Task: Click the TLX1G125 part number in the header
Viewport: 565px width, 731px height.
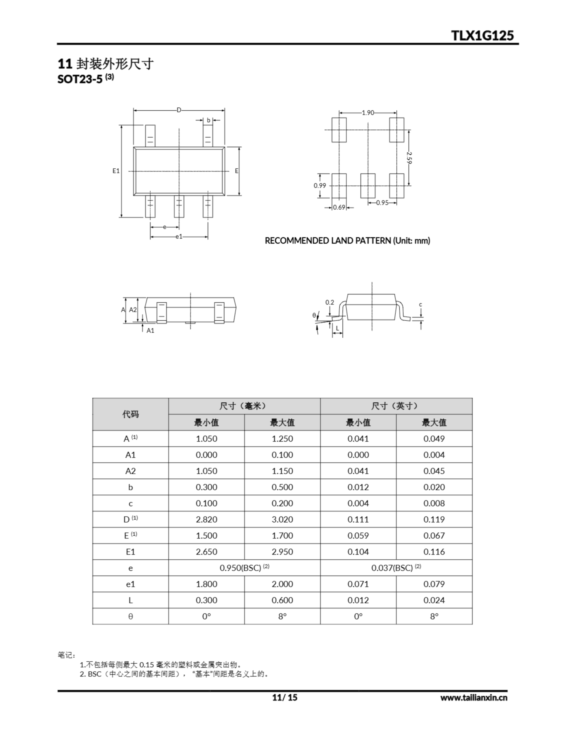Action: [x=482, y=35]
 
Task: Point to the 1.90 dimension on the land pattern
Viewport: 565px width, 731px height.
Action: [x=368, y=113]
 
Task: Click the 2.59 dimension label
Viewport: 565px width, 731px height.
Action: [x=409, y=158]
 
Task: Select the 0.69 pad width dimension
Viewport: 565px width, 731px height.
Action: [x=339, y=208]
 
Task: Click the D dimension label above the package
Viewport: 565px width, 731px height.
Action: [x=179, y=110]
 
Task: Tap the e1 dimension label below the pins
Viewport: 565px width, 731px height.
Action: [x=179, y=237]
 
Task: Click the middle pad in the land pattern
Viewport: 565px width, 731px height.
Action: [x=368, y=186]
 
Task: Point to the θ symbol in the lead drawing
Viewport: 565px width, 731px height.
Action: [x=314, y=315]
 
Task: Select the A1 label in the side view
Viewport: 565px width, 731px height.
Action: [x=150, y=330]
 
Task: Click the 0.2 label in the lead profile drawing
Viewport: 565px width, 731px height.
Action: [x=330, y=302]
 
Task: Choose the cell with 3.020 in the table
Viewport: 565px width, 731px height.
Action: [x=282, y=519]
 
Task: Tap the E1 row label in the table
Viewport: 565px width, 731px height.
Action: [x=130, y=552]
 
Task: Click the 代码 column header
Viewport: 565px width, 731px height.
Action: [x=130, y=414]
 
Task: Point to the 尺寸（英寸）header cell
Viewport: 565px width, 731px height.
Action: [x=396, y=406]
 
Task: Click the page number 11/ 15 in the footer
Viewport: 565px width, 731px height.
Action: [x=285, y=697]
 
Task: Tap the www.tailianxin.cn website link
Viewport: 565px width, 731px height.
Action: [x=474, y=698]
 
